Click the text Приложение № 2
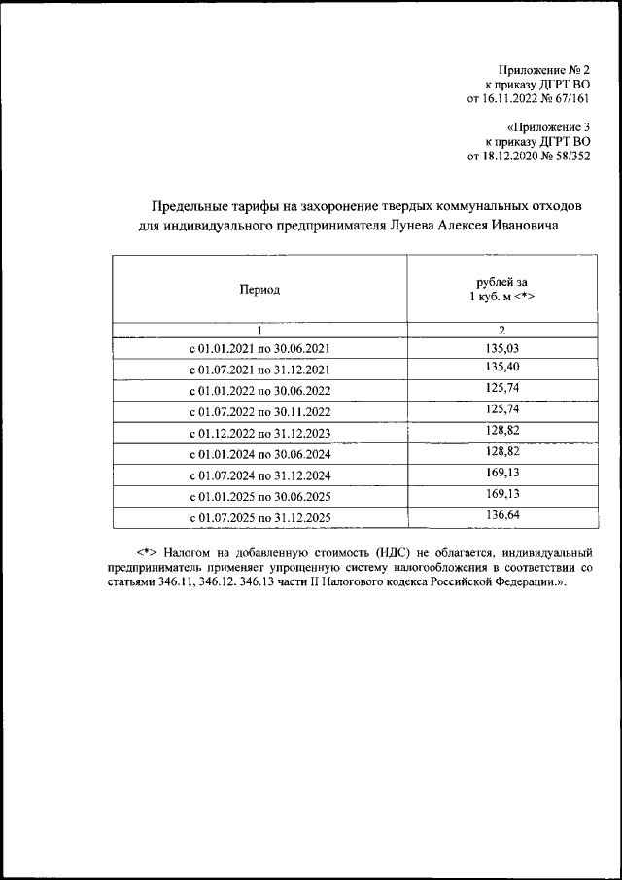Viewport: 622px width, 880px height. click(x=544, y=70)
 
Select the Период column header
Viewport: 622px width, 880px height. click(x=259, y=290)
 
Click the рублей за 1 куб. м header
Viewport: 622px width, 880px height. click(x=501, y=289)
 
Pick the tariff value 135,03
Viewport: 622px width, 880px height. click(x=501, y=347)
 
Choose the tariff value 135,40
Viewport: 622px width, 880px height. click(x=501, y=369)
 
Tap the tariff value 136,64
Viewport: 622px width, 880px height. click(x=501, y=516)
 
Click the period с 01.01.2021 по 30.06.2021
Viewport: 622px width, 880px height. click(x=259, y=349)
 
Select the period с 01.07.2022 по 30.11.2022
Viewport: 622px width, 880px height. click(x=259, y=413)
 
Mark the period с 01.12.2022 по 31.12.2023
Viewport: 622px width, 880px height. click(x=259, y=435)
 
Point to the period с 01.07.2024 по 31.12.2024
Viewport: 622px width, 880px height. click(x=259, y=475)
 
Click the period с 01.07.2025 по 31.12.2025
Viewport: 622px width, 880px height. click(x=259, y=518)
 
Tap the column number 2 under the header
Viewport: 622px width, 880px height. click(x=501, y=331)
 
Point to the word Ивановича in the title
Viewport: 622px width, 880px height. click(x=526, y=225)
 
